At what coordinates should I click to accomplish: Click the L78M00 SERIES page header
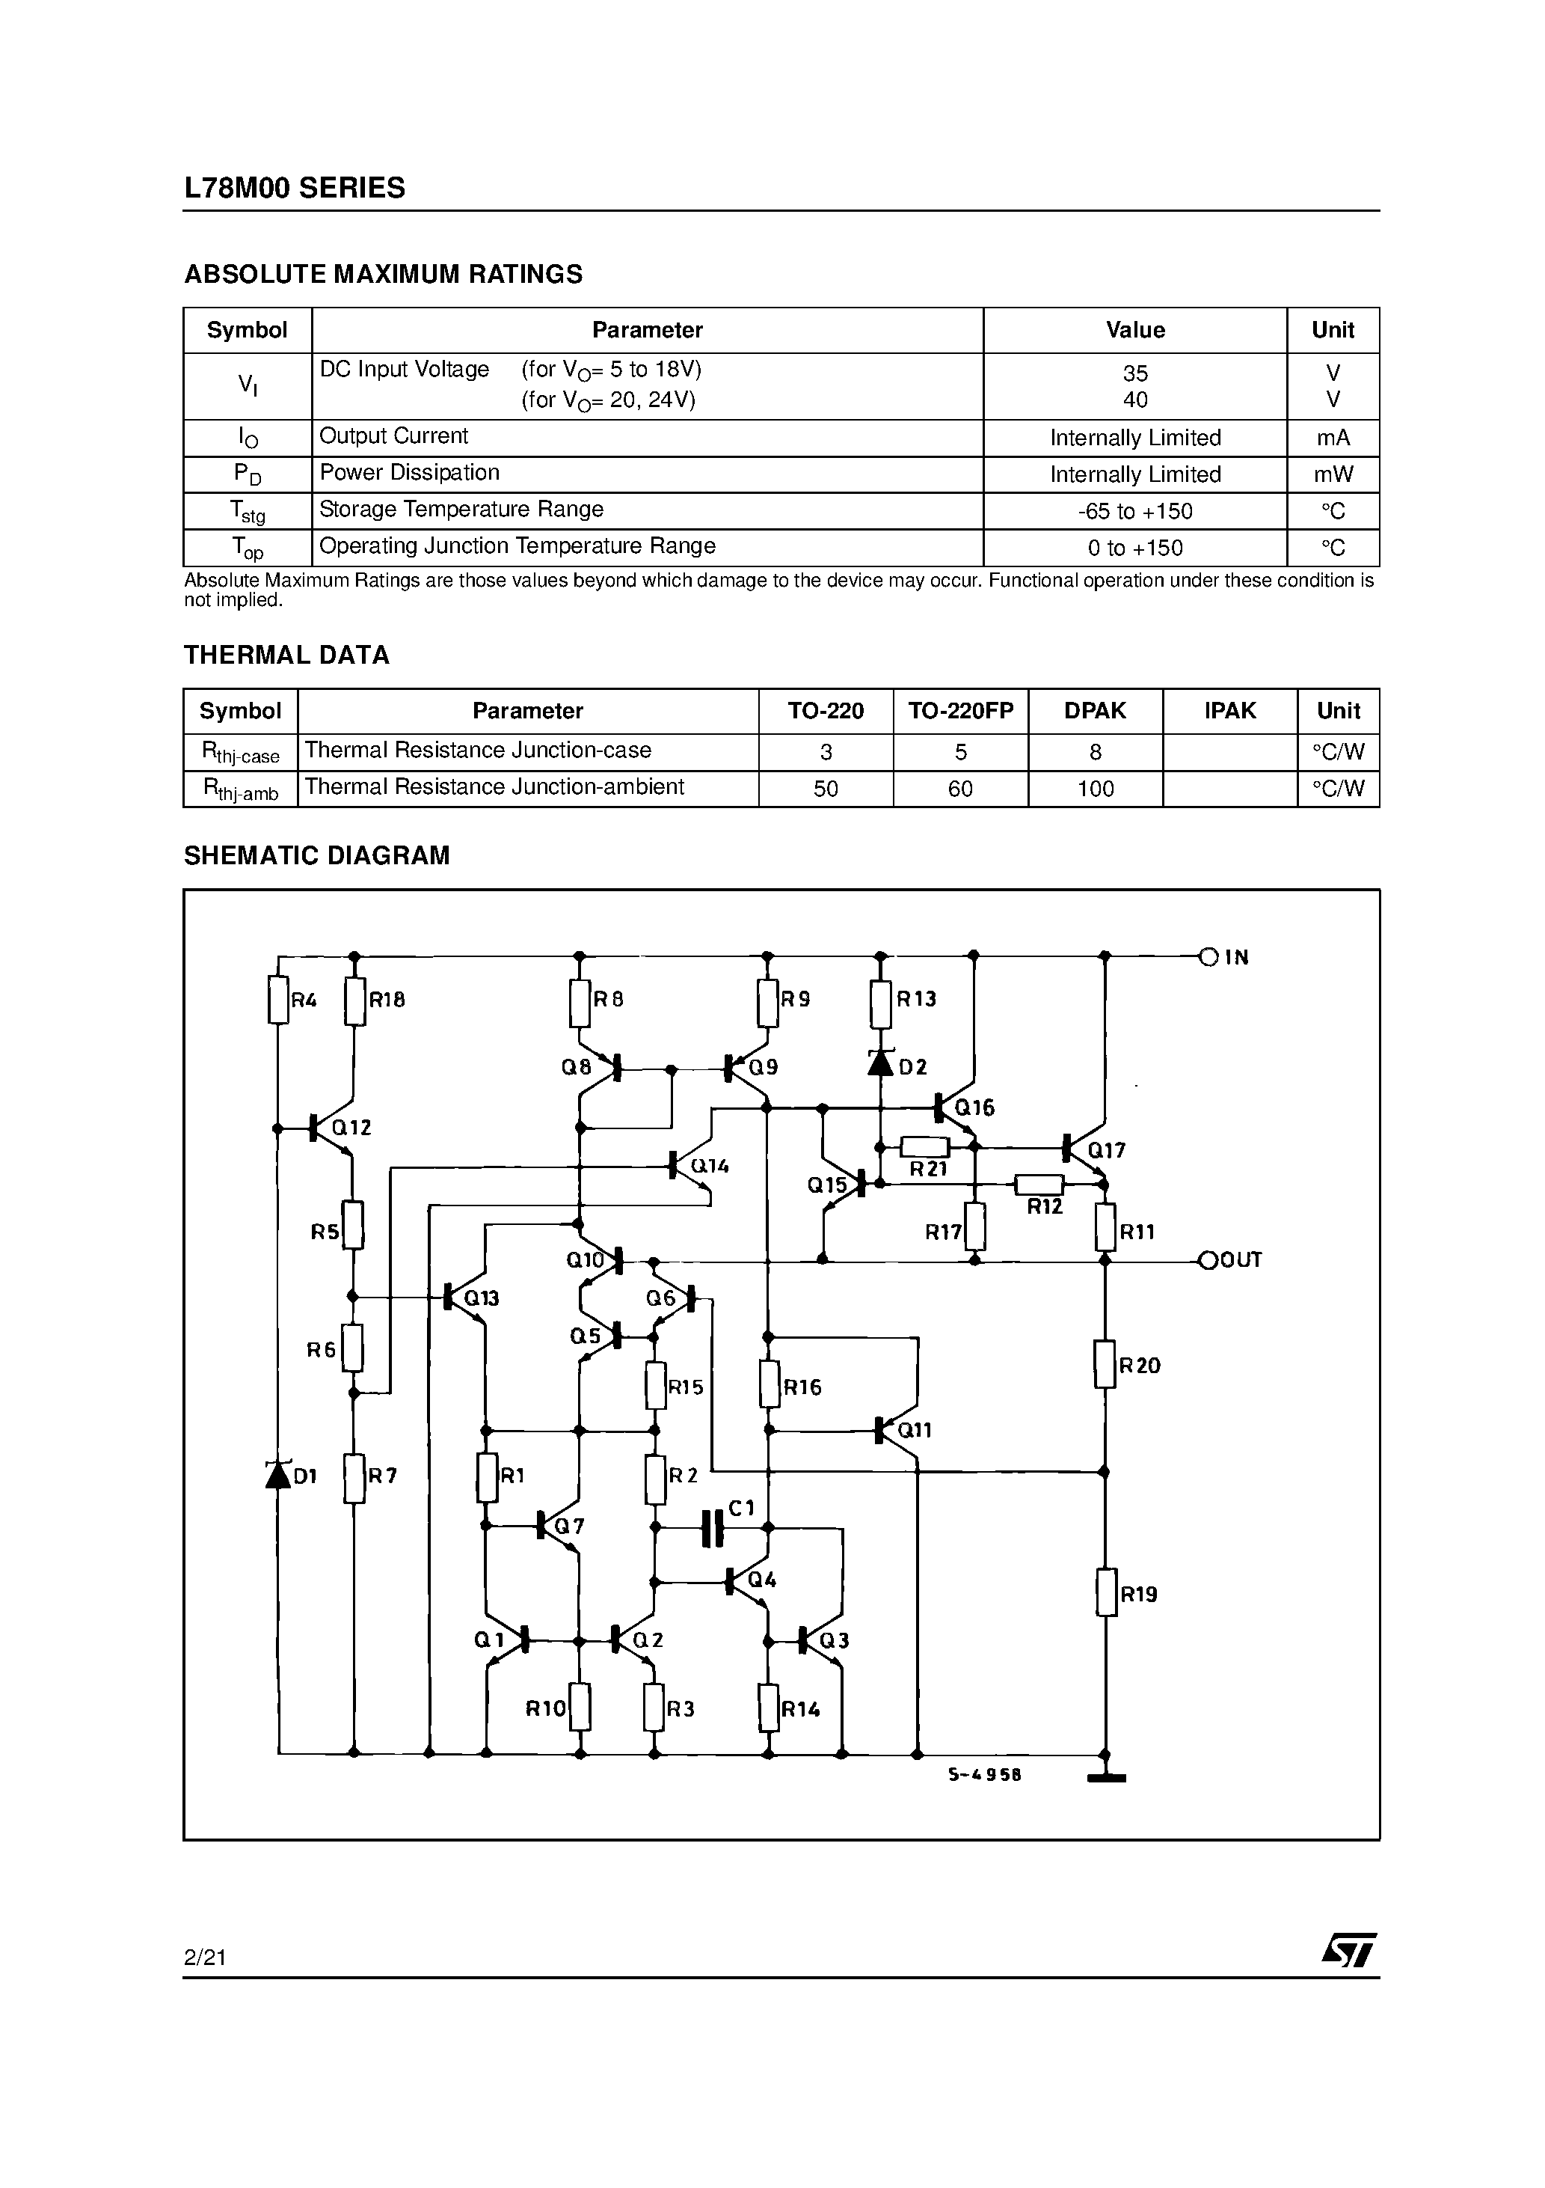[x=295, y=188]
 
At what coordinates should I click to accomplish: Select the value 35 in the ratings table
[x=1134, y=373]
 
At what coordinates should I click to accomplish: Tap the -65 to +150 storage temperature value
[x=1134, y=512]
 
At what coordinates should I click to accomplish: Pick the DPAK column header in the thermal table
[x=1095, y=711]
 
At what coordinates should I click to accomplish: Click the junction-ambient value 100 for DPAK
[x=1096, y=789]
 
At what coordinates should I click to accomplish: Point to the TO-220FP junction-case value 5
[x=960, y=753]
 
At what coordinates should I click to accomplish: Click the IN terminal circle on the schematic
[x=1208, y=957]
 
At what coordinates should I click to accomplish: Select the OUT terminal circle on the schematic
[x=1208, y=1260]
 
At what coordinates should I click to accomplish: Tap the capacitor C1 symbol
[x=711, y=1529]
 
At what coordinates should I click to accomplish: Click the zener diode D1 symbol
[x=278, y=1475]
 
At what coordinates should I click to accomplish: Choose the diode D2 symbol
[x=880, y=1063]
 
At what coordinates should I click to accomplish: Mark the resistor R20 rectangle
[x=1105, y=1365]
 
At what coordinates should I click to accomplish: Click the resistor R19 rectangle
[x=1106, y=1593]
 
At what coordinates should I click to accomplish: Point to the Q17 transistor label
[x=1107, y=1150]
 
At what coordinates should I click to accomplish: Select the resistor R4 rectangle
[x=278, y=1000]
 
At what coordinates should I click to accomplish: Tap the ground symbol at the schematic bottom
[x=1106, y=1777]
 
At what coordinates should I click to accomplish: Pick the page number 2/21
[x=205, y=1958]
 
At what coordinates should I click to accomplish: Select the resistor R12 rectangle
[x=1039, y=1185]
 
